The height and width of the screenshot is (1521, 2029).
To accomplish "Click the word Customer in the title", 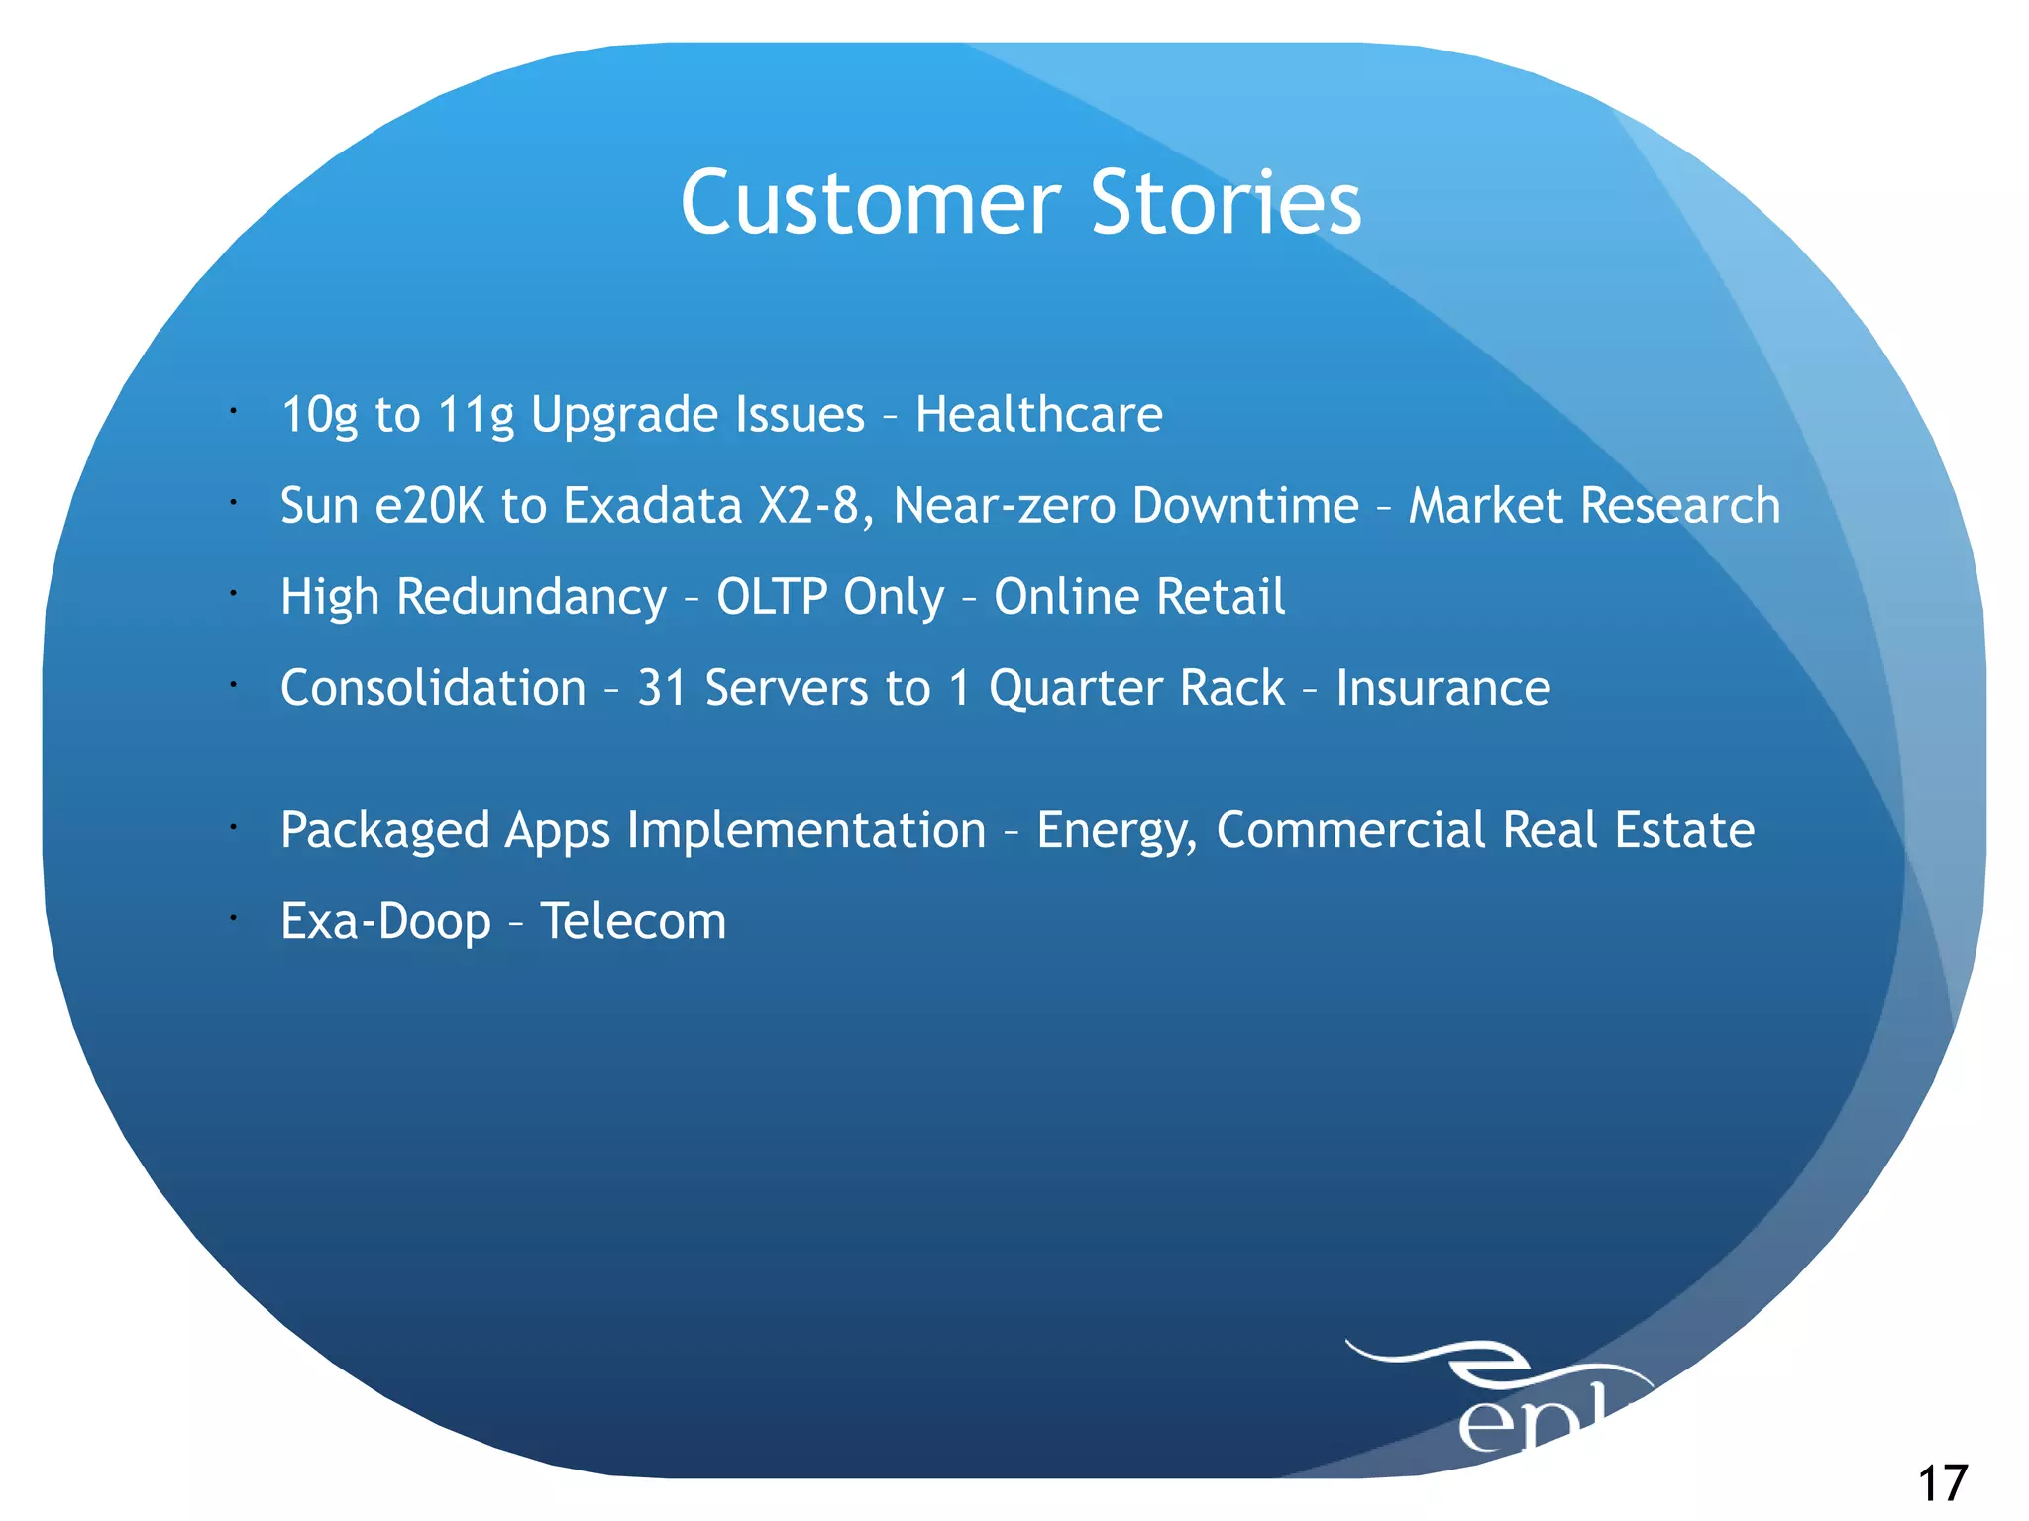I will coord(870,203).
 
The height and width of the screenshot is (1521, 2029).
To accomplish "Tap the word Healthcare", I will coord(1038,414).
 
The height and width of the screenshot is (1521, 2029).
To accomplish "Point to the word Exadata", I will coord(653,506).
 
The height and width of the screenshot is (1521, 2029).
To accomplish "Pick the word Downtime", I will coord(1245,506).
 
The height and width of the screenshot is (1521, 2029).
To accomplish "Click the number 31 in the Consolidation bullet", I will coord(661,688).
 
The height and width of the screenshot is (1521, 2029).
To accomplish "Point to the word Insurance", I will coord(1442,688).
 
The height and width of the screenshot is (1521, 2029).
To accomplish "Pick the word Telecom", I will coord(633,922).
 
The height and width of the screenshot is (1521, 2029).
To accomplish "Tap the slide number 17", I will coord(1942,1483).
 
